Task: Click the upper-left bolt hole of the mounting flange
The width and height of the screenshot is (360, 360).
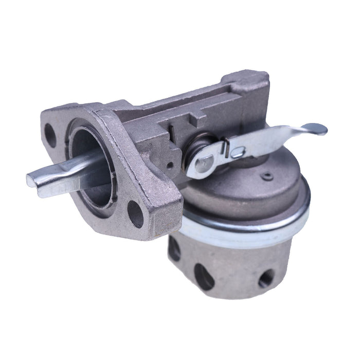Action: click(x=50, y=135)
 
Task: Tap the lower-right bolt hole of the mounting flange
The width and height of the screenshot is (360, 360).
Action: click(x=135, y=213)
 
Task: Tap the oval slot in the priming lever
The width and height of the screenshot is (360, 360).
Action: click(x=237, y=152)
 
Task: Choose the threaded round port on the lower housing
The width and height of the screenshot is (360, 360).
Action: click(x=265, y=278)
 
